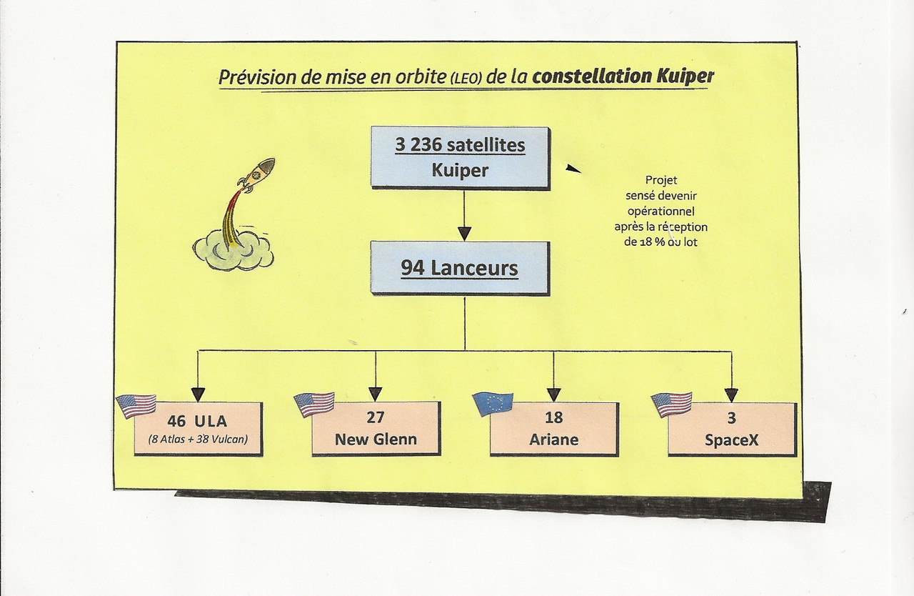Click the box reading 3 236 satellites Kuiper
pyautogui.click(x=460, y=157)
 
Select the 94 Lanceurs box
pyautogui.click(x=459, y=269)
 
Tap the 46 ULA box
pyautogui.click(x=199, y=428)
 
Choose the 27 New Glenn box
pyautogui.click(x=376, y=428)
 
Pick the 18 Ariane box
pyautogui.click(x=554, y=428)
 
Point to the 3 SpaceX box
pyautogui.click(x=731, y=428)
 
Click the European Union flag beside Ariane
pyautogui.click(x=493, y=404)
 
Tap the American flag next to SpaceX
pyautogui.click(x=671, y=404)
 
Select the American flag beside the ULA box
pyautogui.click(x=136, y=405)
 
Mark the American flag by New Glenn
pyautogui.click(x=314, y=404)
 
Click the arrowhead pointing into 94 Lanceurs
pyautogui.click(x=464, y=233)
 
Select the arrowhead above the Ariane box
pyautogui.click(x=554, y=394)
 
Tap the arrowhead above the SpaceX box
pyautogui.click(x=731, y=394)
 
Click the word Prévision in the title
pyautogui.click(x=249, y=77)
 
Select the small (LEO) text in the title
pyautogui.click(x=465, y=79)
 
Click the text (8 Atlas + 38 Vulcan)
pyautogui.click(x=199, y=439)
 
